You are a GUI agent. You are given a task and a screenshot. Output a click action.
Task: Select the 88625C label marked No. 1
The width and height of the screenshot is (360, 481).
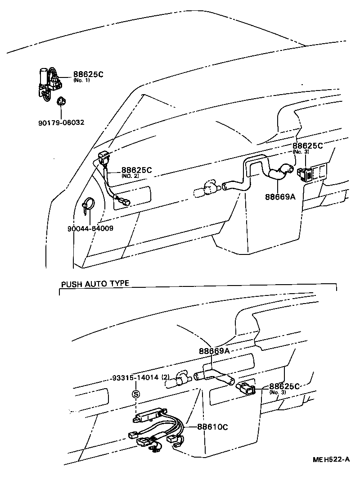click(88, 74)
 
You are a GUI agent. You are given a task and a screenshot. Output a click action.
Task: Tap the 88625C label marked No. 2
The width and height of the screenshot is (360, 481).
click(136, 170)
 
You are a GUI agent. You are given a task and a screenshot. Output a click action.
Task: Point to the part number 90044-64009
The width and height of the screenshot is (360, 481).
click(90, 228)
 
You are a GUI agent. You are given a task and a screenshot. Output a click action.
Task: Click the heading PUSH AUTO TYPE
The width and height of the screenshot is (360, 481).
click(95, 283)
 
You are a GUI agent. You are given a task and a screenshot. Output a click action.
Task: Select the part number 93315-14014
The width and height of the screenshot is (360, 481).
click(135, 377)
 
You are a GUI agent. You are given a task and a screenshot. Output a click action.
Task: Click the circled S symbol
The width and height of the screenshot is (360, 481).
click(135, 395)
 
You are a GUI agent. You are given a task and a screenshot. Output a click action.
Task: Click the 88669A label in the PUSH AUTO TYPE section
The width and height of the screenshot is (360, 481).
click(214, 351)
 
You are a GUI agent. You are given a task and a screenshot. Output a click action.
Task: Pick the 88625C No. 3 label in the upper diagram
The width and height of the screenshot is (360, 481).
click(308, 146)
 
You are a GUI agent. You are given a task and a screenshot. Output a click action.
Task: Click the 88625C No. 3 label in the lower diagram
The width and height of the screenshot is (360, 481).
click(284, 387)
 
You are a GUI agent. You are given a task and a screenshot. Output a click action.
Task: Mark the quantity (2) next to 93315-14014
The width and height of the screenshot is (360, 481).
click(165, 377)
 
